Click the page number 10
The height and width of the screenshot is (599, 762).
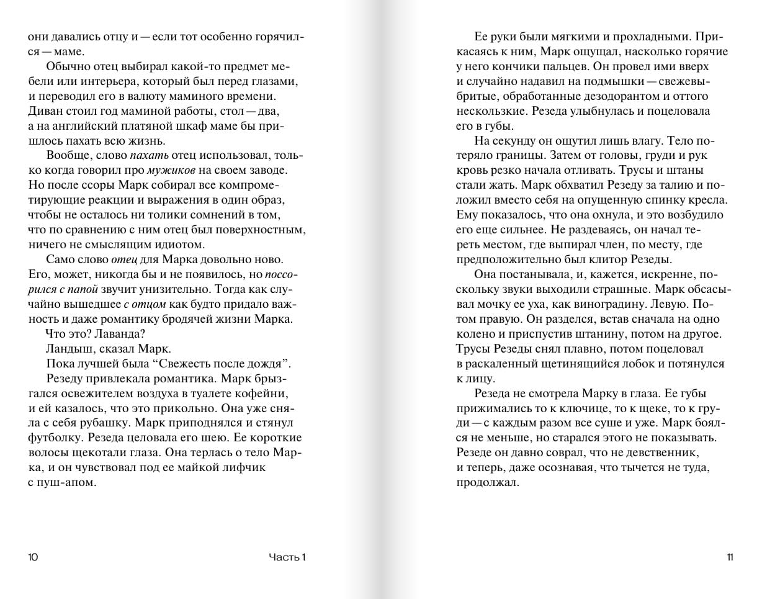pyautogui.click(x=34, y=557)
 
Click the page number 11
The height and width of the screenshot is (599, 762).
pyautogui.click(x=730, y=557)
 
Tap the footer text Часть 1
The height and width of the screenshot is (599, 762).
pyautogui.click(x=287, y=557)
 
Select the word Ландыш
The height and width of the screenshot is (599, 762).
pyautogui.click(x=69, y=349)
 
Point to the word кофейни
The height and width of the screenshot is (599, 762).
pyautogui.click(x=268, y=394)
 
